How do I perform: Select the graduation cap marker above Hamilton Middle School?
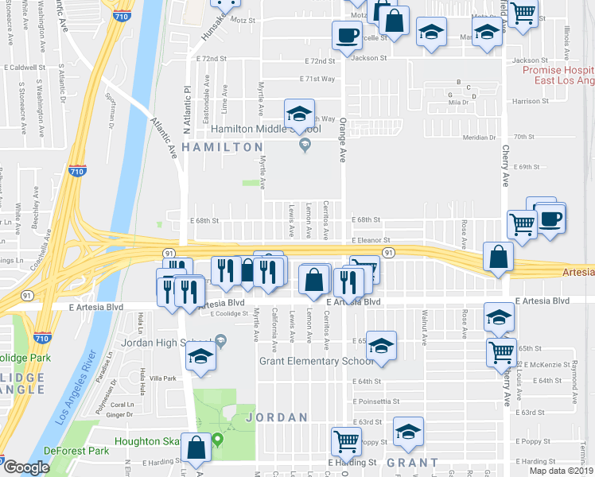(x=300, y=114)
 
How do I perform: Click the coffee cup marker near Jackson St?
(x=347, y=36)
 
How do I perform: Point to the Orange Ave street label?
(x=343, y=139)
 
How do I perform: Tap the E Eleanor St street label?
(x=371, y=240)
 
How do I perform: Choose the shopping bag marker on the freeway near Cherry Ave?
(x=497, y=258)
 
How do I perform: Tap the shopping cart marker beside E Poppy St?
(x=347, y=440)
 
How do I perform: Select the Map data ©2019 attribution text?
(x=561, y=471)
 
